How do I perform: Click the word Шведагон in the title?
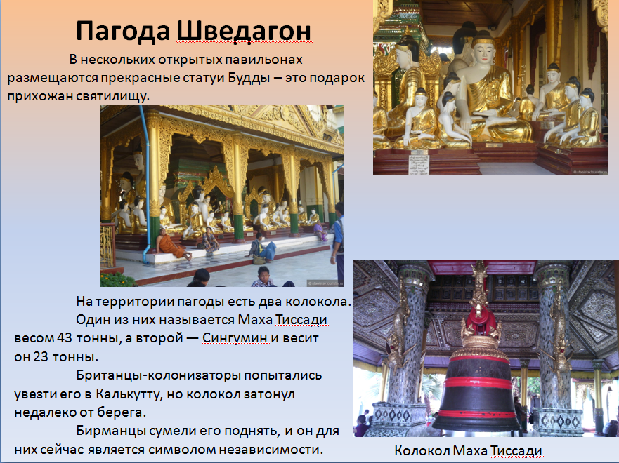pyautogui.click(x=244, y=31)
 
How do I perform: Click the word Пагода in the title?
pyautogui.click(x=123, y=32)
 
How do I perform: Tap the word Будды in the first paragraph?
pyautogui.click(x=249, y=78)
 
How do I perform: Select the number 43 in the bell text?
pyautogui.click(x=65, y=338)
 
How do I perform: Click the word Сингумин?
pyautogui.click(x=235, y=338)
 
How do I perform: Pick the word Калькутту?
pyautogui.click(x=129, y=394)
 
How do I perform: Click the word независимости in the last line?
pyautogui.click(x=271, y=450)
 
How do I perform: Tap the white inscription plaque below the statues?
pyautogui.click(x=419, y=164)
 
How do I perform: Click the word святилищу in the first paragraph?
pyautogui.click(x=113, y=96)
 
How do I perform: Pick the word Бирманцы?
pyautogui.click(x=111, y=431)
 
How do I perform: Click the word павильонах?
pyautogui.click(x=263, y=60)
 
